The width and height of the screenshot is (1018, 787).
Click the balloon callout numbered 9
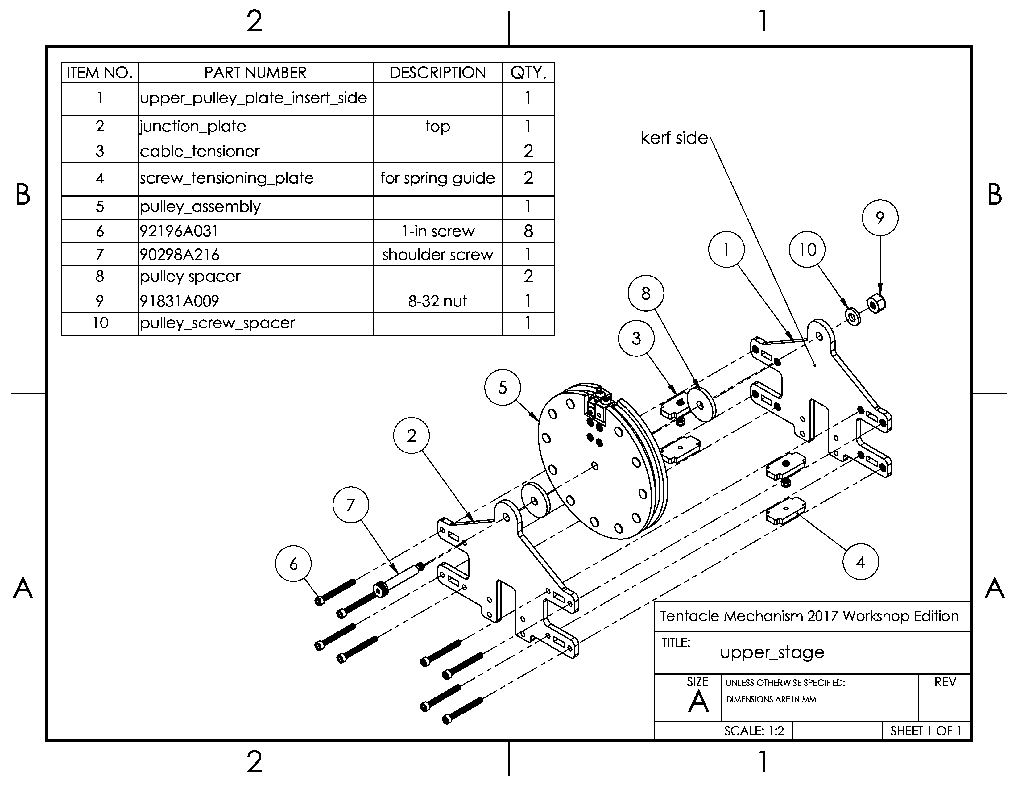tap(879, 218)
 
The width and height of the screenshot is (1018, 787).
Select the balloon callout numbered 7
tap(350, 505)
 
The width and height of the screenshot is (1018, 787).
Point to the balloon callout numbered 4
tap(860, 561)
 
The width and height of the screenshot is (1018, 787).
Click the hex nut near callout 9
tap(876, 304)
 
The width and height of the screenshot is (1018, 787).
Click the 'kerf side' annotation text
tap(674, 138)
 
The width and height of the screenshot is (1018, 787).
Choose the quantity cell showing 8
tap(528, 231)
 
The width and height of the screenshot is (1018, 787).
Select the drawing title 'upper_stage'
tap(772, 652)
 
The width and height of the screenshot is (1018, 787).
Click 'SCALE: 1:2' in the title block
tap(754, 731)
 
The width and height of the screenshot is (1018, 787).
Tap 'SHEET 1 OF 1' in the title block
tap(925, 731)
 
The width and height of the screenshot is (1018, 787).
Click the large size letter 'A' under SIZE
tap(698, 701)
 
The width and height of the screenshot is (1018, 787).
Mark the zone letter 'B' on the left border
tap(23, 195)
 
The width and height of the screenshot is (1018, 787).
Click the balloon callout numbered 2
tap(411, 435)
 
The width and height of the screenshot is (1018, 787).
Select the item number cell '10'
tap(100, 323)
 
